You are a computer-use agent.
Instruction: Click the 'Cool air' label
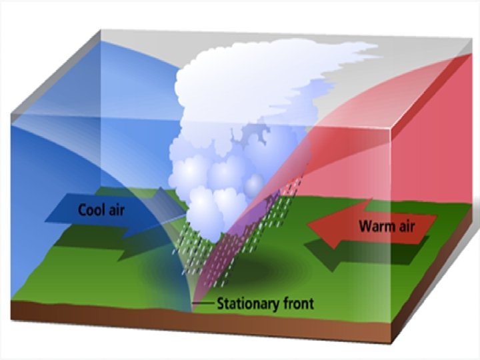101,209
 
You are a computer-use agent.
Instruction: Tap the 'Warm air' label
387,225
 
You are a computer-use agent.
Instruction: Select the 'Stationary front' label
265,304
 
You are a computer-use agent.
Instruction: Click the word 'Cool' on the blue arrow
92,209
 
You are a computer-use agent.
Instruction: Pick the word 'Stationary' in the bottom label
247,304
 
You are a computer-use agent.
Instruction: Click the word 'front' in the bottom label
298,304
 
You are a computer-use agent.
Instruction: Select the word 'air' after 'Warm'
405,225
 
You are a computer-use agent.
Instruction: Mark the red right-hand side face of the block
440,147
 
